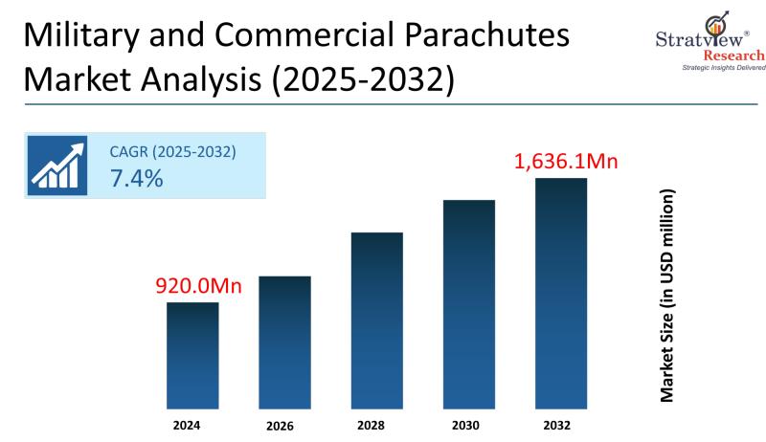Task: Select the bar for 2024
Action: click(x=192, y=355)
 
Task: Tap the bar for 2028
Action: click(x=376, y=320)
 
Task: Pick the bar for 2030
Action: click(x=468, y=304)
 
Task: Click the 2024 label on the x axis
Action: click(x=192, y=423)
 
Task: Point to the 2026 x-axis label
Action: click(x=284, y=424)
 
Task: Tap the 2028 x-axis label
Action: click(x=376, y=423)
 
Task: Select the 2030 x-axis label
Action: click(x=468, y=423)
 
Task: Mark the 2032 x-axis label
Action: click(x=560, y=423)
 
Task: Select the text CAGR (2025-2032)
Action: click(x=173, y=151)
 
